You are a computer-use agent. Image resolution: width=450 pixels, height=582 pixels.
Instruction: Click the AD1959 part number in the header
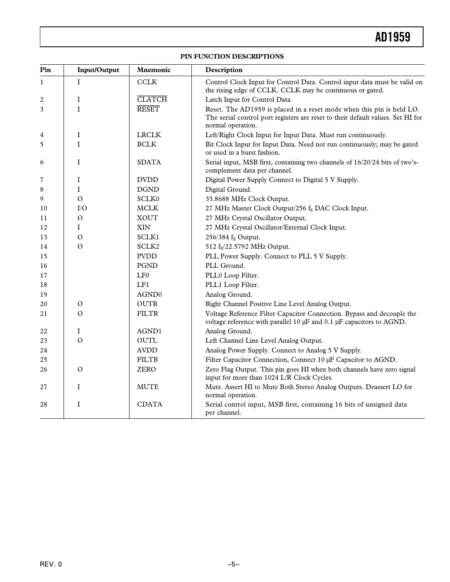coord(393,37)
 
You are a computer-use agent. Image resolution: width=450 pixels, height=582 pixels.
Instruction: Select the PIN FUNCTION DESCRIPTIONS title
coord(232,57)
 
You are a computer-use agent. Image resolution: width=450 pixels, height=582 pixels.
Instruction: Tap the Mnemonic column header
coord(154,70)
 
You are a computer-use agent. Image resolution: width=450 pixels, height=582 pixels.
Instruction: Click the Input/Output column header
coord(98,70)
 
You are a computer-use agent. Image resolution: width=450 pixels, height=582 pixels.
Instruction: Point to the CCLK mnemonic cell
coord(147,82)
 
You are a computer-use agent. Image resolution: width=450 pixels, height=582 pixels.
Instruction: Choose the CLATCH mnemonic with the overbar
coord(152,100)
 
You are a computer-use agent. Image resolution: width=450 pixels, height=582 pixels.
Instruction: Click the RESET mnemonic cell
coord(148,109)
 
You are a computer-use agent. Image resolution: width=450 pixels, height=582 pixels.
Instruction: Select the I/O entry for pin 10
coord(82,208)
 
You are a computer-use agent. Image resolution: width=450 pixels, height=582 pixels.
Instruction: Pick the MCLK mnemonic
coord(147,208)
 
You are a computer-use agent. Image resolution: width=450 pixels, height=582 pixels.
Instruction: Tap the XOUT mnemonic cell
coord(147,218)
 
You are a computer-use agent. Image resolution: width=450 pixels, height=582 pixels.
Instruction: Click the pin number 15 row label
coord(44,256)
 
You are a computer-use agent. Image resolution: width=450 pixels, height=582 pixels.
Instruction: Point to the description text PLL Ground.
coord(225,266)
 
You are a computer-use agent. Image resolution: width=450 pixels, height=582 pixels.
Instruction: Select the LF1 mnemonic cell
coord(143,285)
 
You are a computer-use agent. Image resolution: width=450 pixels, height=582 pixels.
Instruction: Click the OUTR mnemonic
coord(147,304)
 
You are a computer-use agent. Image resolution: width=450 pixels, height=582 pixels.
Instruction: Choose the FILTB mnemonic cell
coord(147,360)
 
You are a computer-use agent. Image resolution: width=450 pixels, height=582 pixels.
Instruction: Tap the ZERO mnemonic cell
coord(146,370)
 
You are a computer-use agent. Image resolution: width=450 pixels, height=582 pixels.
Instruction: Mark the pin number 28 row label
coord(44,405)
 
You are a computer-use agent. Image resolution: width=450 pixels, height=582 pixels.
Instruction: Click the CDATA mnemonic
coord(149,405)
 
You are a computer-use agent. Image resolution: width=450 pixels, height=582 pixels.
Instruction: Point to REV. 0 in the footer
coord(51,564)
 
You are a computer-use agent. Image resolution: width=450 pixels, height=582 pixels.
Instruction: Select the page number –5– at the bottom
coord(233,564)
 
